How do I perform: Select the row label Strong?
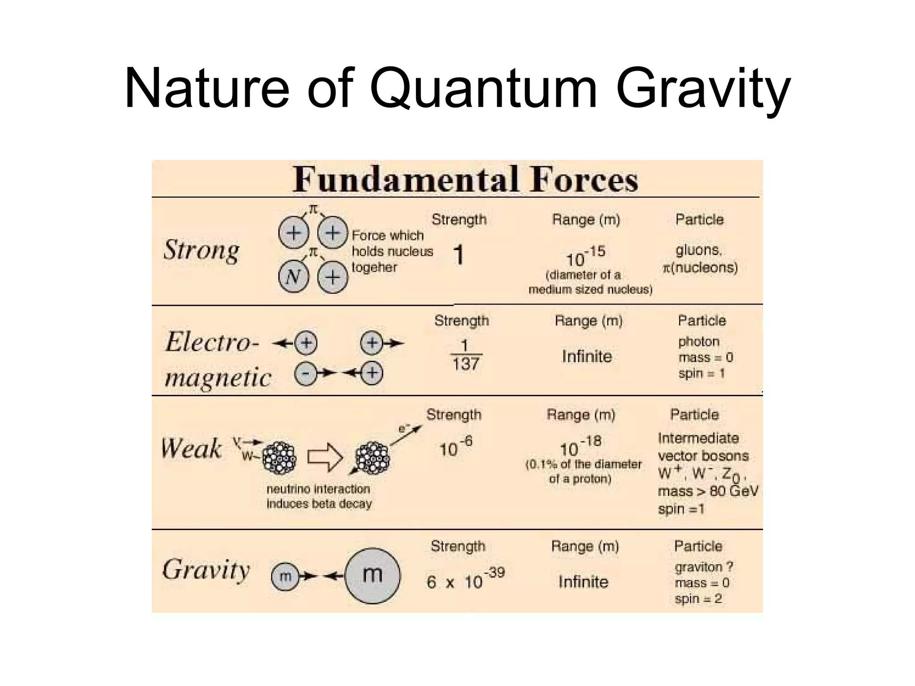201,250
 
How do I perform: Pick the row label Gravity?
206,570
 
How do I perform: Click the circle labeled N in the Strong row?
293,277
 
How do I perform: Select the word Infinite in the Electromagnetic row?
587,356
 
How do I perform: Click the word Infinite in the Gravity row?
583,581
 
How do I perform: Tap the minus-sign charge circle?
306,373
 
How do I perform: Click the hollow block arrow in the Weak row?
325,457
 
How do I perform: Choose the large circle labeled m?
372,575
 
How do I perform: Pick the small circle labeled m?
285,576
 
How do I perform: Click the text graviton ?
704,567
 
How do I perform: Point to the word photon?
698,342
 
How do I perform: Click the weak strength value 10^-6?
455,447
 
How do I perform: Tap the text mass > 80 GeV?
708,491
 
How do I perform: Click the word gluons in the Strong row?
698,250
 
